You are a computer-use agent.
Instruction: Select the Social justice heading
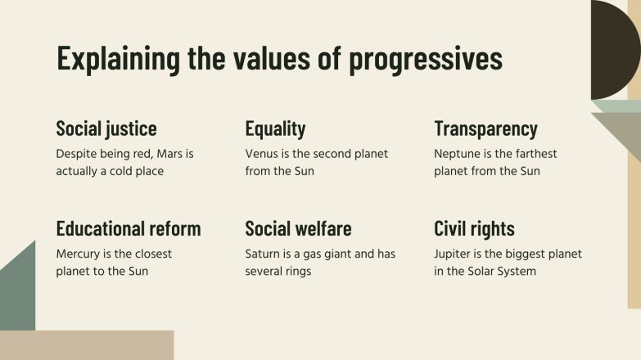pyautogui.click(x=106, y=128)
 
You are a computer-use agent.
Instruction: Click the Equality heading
pyautogui.click(x=275, y=128)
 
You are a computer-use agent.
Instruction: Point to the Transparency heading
pyautogui.click(x=485, y=128)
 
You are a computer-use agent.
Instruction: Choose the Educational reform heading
pyautogui.click(x=129, y=228)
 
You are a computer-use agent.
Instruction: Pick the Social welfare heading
pyautogui.click(x=299, y=228)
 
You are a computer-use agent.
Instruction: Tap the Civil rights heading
pyautogui.click(x=474, y=228)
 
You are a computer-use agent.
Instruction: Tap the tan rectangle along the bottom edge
pyautogui.click(x=86, y=345)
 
